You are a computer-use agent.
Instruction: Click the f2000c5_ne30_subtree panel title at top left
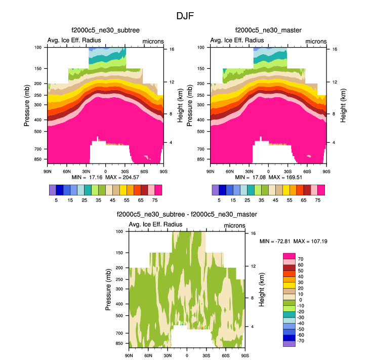[x=105, y=31]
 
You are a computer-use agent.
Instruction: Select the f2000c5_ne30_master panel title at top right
[x=268, y=31]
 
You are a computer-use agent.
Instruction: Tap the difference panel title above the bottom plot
[x=187, y=215]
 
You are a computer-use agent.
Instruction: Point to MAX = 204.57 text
[x=116, y=178]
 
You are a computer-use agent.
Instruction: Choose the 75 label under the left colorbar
[x=154, y=200]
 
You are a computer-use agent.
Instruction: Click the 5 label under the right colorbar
[x=219, y=200]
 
